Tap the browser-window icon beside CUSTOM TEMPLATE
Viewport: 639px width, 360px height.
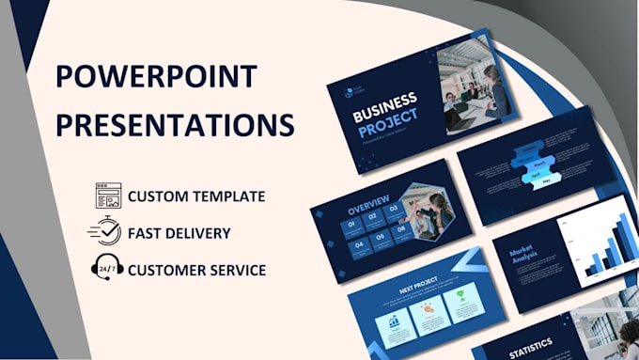point(108,196)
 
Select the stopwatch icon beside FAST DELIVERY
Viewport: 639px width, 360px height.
point(106,232)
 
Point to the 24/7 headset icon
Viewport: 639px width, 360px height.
point(107,268)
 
